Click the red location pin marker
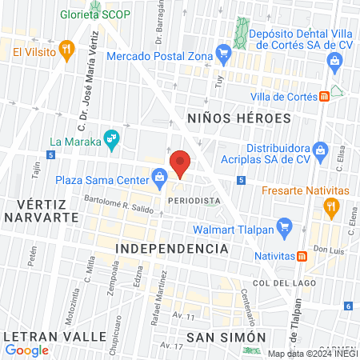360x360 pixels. (182, 163)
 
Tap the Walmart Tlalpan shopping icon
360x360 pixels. (282, 226)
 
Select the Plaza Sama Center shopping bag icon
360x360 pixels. (160, 175)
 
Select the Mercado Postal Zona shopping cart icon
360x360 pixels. (225, 55)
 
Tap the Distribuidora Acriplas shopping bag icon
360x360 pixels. (320, 149)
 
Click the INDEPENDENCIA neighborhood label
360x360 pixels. (172, 249)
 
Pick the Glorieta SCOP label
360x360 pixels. (94, 15)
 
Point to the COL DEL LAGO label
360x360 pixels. (280, 283)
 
